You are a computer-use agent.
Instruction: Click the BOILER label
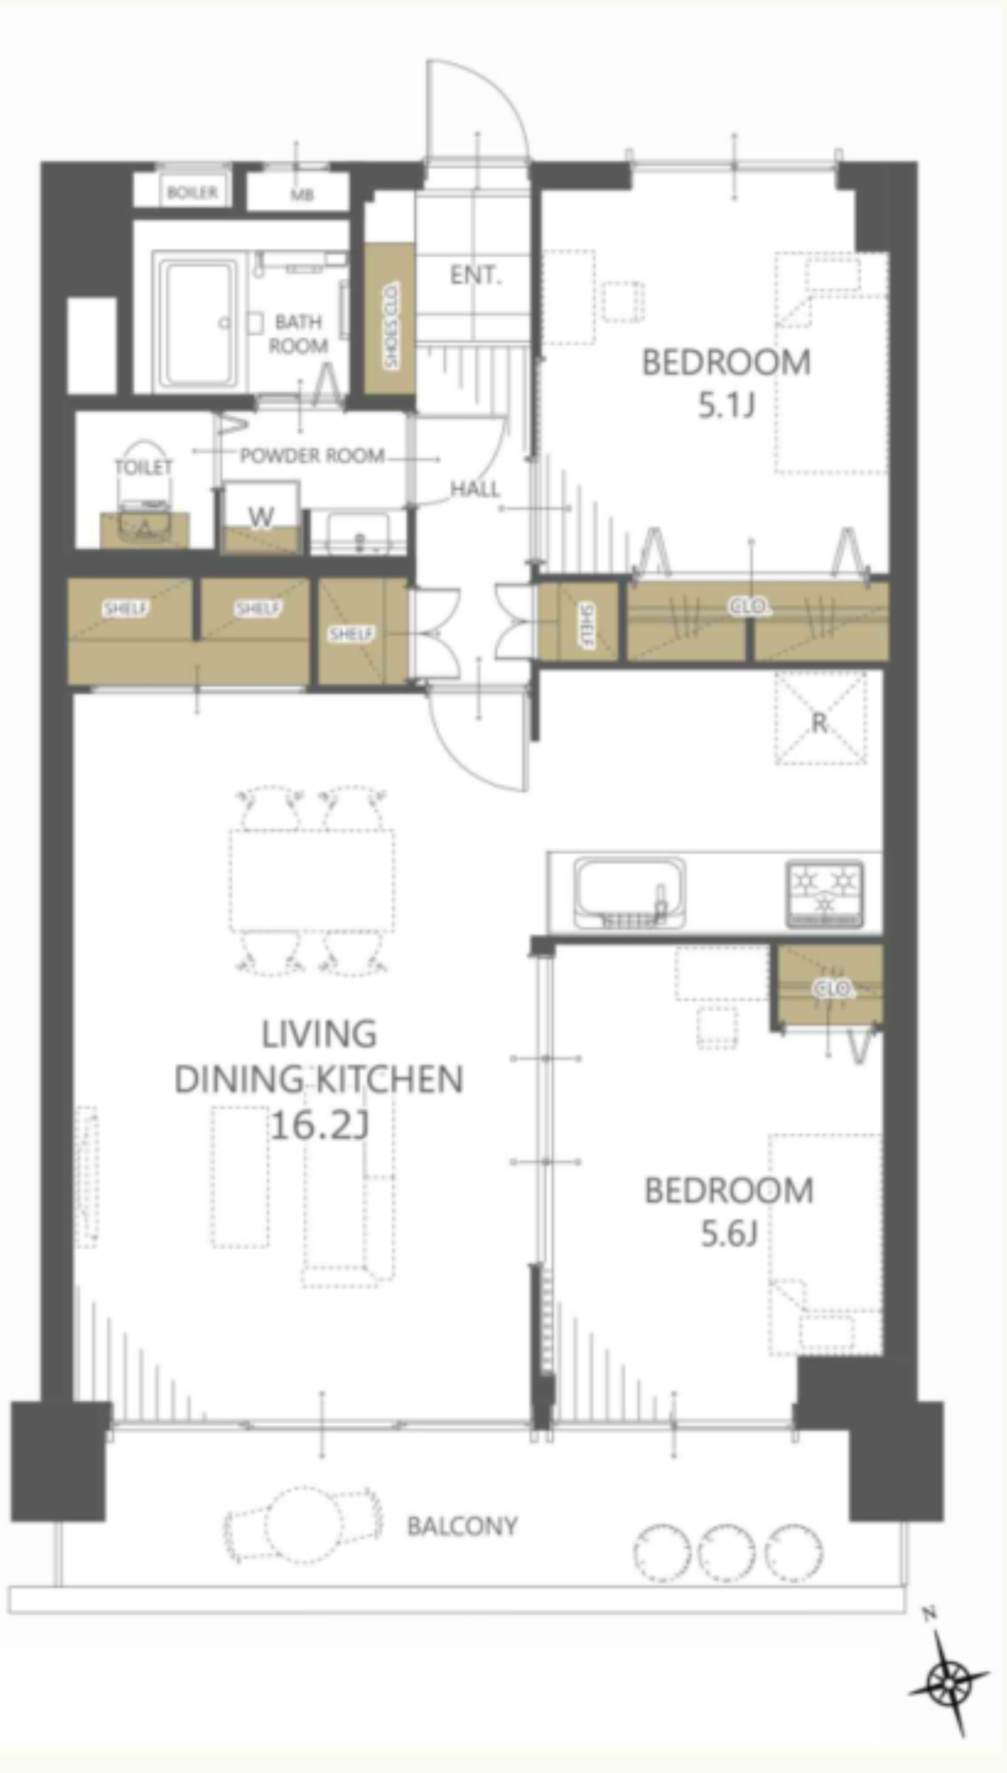point(192,192)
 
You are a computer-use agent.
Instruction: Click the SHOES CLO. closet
point(389,320)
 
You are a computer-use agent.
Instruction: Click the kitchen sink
point(630,893)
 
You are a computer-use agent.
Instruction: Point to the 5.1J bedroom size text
point(726,406)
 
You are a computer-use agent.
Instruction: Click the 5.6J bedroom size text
point(729,1234)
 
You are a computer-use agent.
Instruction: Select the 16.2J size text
point(318,1125)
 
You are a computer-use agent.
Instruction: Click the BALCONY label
point(462,1526)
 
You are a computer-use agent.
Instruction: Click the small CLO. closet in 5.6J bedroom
point(830,987)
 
